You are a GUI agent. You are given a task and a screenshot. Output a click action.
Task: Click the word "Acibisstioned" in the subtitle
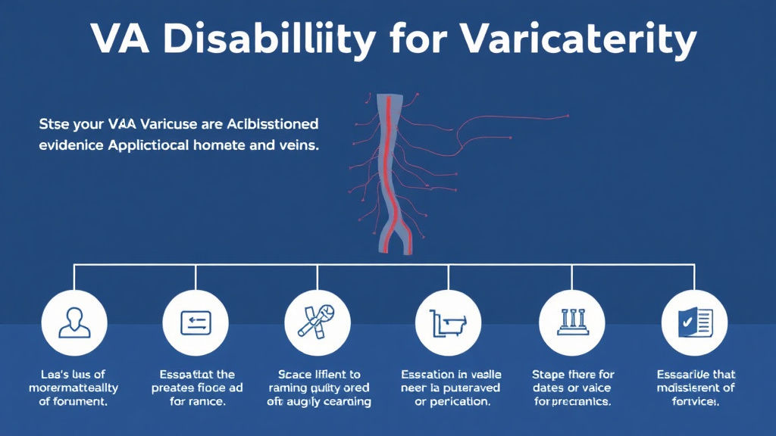point(269,123)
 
